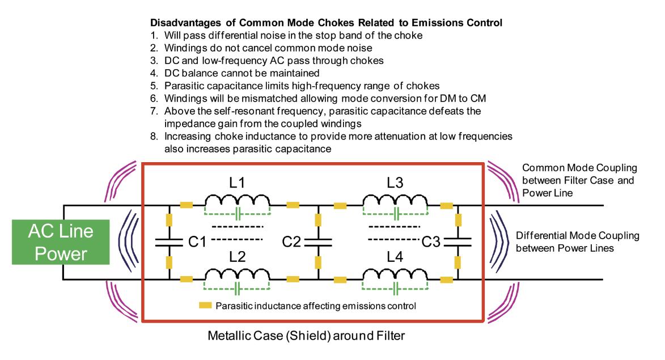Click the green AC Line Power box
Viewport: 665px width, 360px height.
[61, 242]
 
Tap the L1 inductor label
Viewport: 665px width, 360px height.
[237, 183]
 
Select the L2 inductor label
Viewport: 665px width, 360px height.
[237, 257]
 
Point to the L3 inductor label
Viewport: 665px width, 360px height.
[395, 183]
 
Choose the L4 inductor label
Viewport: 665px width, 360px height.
[395, 257]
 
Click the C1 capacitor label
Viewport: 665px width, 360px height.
[197, 242]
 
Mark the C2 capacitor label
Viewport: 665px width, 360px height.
[291, 242]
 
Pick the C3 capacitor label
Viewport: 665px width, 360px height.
[431, 242]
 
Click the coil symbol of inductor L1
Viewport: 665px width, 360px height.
[237, 200]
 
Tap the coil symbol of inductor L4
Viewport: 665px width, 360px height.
[395, 274]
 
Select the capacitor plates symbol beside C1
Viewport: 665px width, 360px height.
[169, 243]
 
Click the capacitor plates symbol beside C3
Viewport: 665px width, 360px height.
[458, 243]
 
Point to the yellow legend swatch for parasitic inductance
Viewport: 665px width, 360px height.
[205, 306]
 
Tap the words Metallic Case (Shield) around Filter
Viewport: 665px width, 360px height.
[306, 336]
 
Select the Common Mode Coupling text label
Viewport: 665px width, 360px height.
[579, 180]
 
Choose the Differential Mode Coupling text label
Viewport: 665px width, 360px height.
[578, 242]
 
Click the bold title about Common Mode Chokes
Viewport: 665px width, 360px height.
[326, 23]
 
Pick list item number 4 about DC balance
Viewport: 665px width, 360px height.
[235, 73]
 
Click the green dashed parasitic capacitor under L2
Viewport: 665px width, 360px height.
[238, 289]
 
